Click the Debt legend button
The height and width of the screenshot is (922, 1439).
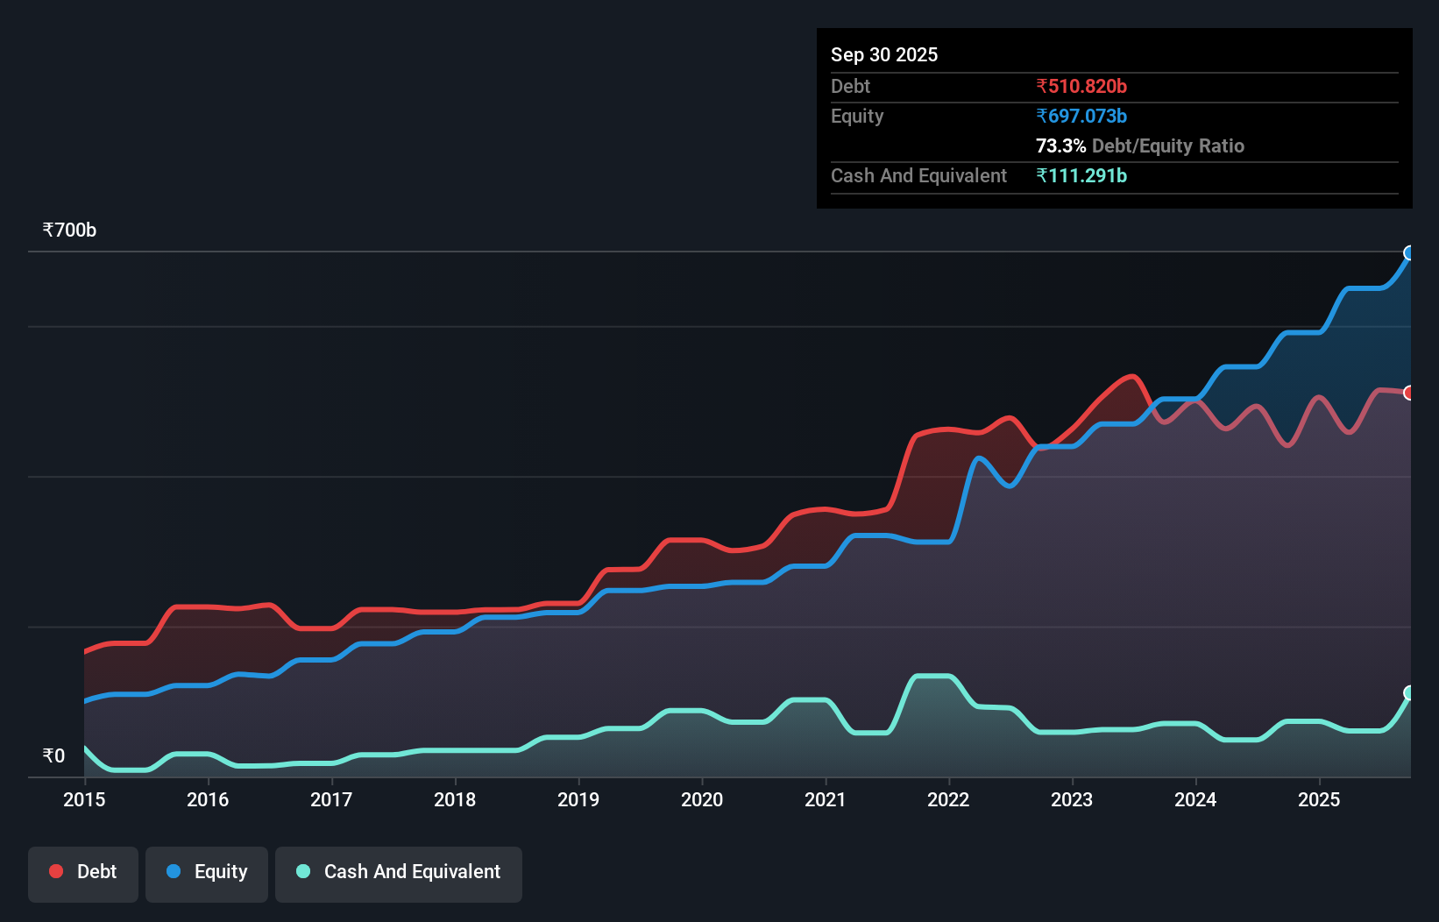coord(83,873)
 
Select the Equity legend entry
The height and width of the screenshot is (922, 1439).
coord(207,873)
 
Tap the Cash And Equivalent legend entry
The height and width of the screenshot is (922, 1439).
coord(399,873)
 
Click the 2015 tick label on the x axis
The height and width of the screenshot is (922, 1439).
coord(84,799)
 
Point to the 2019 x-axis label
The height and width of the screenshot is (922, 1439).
coord(578,799)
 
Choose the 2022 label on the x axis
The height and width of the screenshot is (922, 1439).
coord(948,799)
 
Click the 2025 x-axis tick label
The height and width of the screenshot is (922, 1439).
coord(1319,799)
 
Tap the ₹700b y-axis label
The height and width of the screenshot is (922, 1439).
coord(69,230)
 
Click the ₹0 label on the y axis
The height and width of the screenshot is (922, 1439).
coord(53,755)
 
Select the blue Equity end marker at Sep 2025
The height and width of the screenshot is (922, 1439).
coord(1409,253)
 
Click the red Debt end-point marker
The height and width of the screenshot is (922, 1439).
coord(1409,393)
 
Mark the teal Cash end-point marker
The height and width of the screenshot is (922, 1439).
coord(1409,693)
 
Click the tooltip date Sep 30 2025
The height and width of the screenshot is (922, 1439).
coord(883,55)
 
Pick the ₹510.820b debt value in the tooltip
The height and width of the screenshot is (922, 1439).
coord(1081,87)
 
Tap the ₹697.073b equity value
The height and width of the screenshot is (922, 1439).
coord(1081,117)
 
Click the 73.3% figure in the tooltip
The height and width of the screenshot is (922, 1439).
coord(1060,146)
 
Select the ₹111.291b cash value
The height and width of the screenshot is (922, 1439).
coord(1081,176)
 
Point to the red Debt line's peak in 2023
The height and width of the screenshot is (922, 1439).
coord(1133,377)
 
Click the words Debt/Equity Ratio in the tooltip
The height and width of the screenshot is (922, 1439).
coord(1167,146)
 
